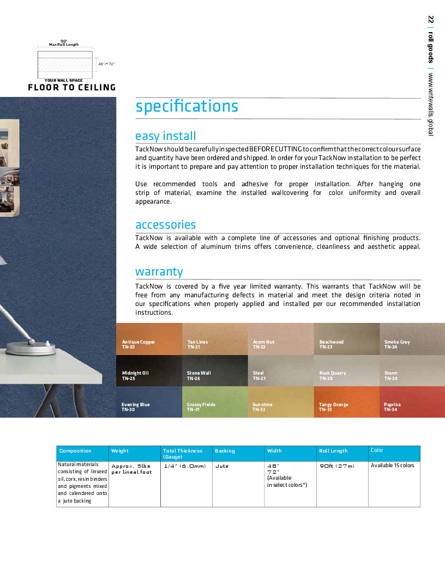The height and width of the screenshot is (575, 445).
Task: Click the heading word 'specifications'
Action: point(187,106)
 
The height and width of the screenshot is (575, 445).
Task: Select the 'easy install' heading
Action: point(165,136)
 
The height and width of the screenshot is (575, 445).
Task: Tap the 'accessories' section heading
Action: point(165,225)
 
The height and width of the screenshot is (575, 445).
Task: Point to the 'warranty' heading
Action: point(159,272)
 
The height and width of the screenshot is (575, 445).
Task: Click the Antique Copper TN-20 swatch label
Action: point(139,344)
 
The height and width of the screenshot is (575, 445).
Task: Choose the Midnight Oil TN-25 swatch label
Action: point(135,375)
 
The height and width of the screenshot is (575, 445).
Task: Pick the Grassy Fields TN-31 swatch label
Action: point(201,407)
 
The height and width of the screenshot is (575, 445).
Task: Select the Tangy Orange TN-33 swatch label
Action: point(333,407)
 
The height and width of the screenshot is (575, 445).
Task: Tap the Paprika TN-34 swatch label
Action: point(392,407)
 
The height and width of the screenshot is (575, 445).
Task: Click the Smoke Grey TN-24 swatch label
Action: point(396,344)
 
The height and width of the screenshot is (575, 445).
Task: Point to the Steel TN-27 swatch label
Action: point(259,375)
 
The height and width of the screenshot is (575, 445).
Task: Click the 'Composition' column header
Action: point(75,451)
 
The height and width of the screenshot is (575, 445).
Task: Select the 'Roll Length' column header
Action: point(333,451)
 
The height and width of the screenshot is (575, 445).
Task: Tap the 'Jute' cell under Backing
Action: point(222,466)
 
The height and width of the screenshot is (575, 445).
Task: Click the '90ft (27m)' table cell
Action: point(336,466)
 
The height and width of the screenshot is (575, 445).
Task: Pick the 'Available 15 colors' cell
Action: point(392,466)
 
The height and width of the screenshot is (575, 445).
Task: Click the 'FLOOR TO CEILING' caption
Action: point(72,87)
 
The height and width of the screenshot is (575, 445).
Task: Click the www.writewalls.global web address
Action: point(431,104)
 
